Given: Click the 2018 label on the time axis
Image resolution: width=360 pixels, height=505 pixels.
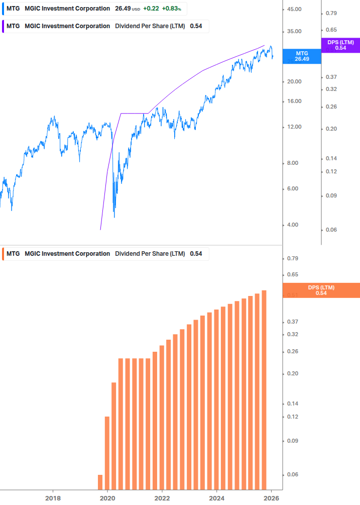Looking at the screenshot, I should pyautogui.click(x=53, y=498).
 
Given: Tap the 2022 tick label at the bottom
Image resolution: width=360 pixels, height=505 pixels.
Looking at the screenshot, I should pyautogui.click(x=162, y=498).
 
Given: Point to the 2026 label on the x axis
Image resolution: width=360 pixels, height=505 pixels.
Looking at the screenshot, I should pyautogui.click(x=271, y=498).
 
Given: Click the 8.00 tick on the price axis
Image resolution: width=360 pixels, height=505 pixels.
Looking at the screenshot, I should pyautogui.click(x=294, y=163).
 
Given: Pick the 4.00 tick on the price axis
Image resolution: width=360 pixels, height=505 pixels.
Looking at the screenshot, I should pyautogui.click(x=294, y=225).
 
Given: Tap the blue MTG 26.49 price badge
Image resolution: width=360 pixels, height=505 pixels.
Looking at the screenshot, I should pyautogui.click(x=301, y=56).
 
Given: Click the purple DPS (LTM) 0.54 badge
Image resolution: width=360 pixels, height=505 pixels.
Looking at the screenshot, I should pyautogui.click(x=340, y=45).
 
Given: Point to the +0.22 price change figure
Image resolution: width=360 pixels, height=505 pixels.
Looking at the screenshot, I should pyautogui.click(x=151, y=9).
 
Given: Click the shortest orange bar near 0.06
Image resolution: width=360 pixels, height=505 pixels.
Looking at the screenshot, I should pyautogui.click(x=100, y=481).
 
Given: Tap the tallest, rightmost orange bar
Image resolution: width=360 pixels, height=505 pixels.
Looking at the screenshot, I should pyautogui.click(x=264, y=389).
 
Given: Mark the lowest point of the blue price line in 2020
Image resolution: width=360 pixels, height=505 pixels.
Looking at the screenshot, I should pyautogui.click(x=114, y=217).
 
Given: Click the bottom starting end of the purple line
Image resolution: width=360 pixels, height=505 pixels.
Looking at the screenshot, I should pyautogui.click(x=100, y=230).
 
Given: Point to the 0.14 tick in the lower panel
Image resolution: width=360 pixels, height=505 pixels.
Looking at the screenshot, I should pyautogui.click(x=292, y=403).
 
